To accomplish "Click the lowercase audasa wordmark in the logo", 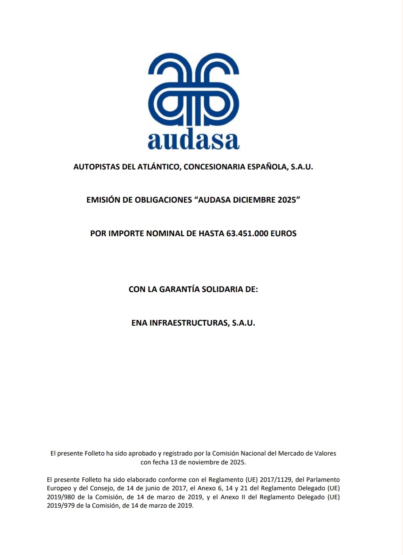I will click(194, 140).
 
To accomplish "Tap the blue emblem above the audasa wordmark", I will click(194, 90).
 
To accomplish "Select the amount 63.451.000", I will click(247, 233).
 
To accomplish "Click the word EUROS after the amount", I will click(284, 233).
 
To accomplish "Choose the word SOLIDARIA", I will click(220, 289).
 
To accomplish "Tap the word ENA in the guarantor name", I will click(139, 323).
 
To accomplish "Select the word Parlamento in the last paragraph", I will click(323, 480).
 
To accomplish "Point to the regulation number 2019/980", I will click(61, 497).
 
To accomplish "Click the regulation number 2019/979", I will click(61, 505).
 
